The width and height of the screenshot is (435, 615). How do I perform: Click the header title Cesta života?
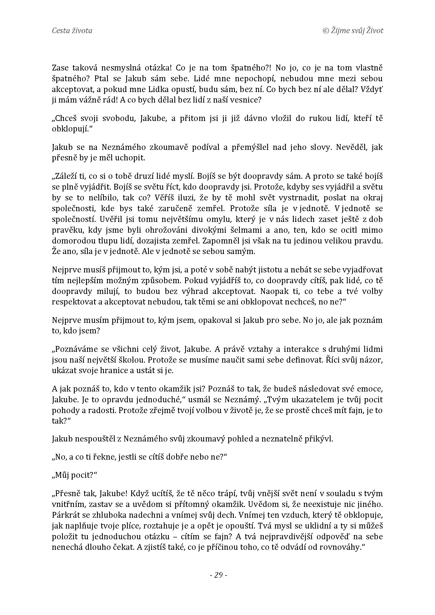[72, 31]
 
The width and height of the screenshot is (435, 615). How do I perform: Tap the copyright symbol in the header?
[326, 31]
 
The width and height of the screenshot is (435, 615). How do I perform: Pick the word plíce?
[130, 526]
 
